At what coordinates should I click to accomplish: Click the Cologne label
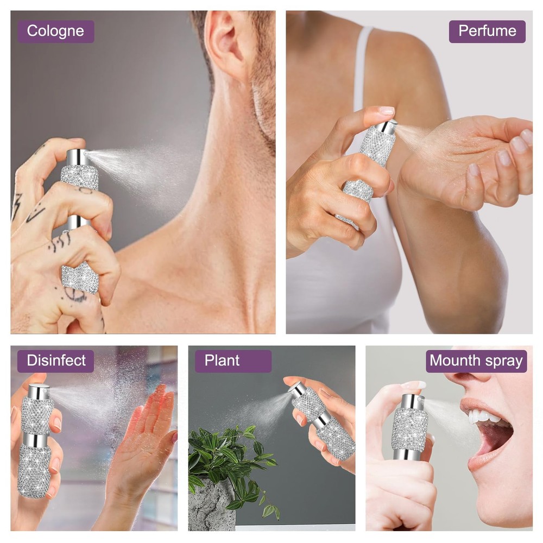(x=56, y=31)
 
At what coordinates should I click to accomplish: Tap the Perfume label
(x=487, y=31)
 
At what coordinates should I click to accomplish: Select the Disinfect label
(x=56, y=361)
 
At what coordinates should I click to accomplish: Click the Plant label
(x=233, y=361)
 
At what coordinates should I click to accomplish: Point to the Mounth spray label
(x=476, y=361)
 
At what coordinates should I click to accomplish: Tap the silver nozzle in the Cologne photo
(x=78, y=157)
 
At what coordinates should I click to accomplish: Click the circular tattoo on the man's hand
(x=74, y=295)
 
